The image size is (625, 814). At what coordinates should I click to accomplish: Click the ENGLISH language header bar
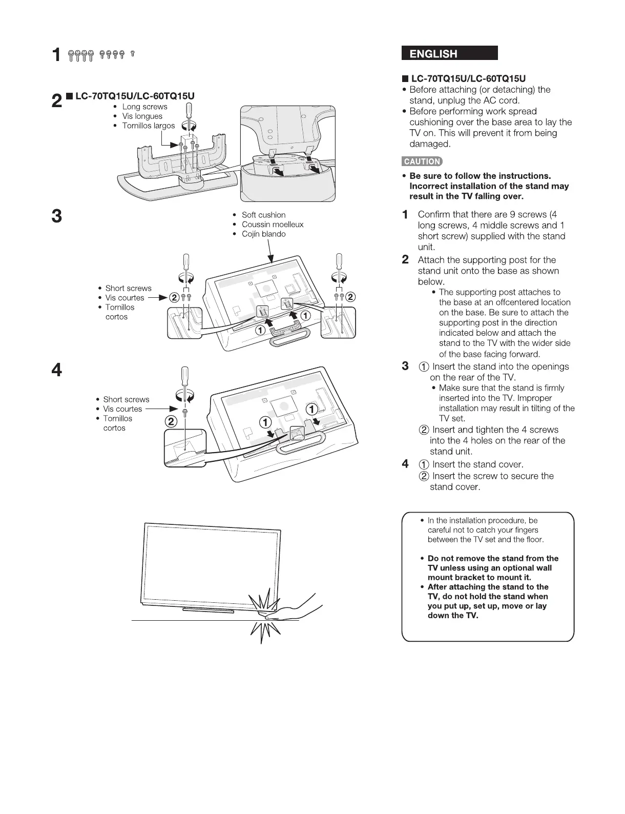[450, 53]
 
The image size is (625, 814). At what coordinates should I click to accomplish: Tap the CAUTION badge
[422, 161]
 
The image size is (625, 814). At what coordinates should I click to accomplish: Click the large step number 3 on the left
[57, 216]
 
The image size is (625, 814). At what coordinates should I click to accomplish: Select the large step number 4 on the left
[57, 370]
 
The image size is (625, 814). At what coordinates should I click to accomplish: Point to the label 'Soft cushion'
[263, 215]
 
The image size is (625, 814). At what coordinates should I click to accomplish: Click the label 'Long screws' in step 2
[144, 107]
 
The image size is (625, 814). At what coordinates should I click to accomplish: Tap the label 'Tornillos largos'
[148, 126]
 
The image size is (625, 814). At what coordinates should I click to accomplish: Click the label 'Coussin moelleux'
[272, 225]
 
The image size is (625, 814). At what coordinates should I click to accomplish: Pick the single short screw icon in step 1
[133, 54]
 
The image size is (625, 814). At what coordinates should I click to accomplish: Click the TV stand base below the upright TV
[209, 610]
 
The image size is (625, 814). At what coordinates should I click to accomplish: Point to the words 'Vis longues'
[142, 116]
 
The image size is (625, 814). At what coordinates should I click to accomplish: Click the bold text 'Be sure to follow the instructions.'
[480, 176]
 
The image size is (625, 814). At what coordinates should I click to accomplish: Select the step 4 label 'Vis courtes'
[122, 409]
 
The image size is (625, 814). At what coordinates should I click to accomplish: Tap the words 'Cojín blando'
[263, 234]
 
